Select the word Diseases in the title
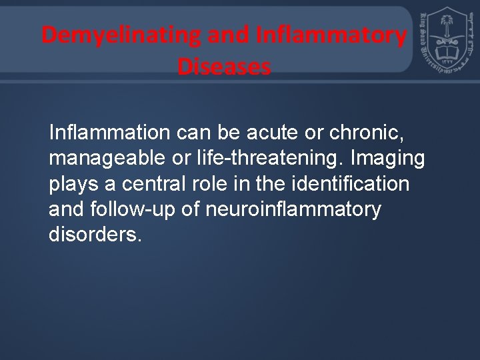coord(225,67)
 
